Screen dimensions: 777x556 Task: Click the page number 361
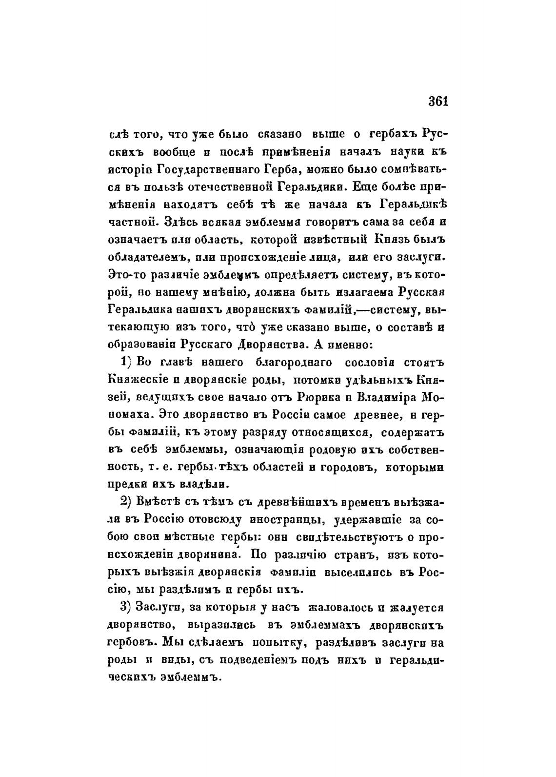pos(437,102)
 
